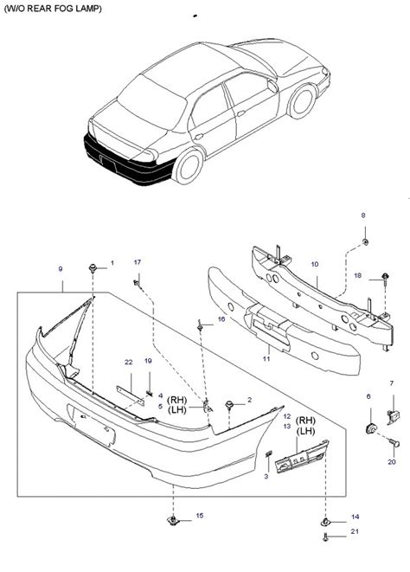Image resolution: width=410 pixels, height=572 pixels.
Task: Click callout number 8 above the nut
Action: [x=363, y=215]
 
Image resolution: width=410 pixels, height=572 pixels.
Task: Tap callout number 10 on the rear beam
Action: [x=315, y=264]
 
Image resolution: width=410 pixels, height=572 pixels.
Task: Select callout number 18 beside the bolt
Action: [x=356, y=275]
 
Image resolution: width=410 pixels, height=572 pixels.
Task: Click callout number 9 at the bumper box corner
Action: [x=60, y=269]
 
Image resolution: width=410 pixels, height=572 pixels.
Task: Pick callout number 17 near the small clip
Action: [x=136, y=262]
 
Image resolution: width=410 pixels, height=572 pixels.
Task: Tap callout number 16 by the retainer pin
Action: [x=221, y=319]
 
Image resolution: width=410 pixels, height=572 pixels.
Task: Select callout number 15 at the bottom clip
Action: [x=200, y=516]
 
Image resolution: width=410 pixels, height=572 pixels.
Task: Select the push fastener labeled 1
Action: [x=92, y=269]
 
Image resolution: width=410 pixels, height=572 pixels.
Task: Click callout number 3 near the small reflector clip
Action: [x=265, y=477]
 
